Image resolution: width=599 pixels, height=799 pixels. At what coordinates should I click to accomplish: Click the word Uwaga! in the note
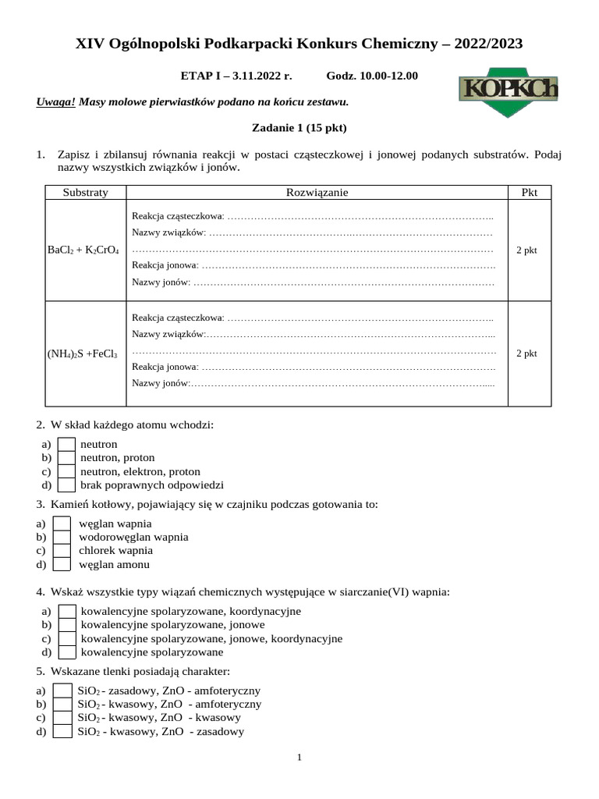[x=55, y=101]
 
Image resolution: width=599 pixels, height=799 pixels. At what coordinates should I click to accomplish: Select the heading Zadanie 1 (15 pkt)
[x=299, y=127]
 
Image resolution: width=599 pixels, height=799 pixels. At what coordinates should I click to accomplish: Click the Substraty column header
[x=86, y=193]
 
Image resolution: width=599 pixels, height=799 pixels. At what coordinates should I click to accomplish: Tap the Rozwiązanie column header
[x=317, y=193]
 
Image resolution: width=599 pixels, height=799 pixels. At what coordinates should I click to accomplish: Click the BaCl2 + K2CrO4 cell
[x=83, y=250]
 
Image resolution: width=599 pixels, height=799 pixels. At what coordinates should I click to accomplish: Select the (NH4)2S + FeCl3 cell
[x=83, y=353]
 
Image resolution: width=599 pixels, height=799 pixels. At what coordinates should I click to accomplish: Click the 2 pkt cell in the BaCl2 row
[x=527, y=250]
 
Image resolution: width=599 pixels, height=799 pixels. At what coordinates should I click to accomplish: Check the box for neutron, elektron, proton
[x=67, y=471]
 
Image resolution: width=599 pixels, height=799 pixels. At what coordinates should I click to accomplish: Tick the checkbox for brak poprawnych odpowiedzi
[x=67, y=485]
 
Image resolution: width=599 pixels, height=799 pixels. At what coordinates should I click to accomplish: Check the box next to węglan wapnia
[x=62, y=524]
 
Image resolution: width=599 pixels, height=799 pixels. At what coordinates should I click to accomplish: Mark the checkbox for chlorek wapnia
[x=62, y=550]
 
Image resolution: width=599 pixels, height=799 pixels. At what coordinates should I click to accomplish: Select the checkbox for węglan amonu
[x=62, y=564]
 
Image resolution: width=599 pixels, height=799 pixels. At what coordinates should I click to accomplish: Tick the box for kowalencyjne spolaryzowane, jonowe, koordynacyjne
[x=67, y=638]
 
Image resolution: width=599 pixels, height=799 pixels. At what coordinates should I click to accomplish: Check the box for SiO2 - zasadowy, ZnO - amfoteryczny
[x=62, y=691]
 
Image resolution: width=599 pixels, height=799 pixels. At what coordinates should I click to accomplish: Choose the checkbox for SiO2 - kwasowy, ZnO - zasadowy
[x=62, y=731]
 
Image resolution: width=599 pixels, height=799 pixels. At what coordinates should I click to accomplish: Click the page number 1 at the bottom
[x=299, y=757]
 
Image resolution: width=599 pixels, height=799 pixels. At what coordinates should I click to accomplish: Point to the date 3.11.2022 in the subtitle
[x=261, y=76]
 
